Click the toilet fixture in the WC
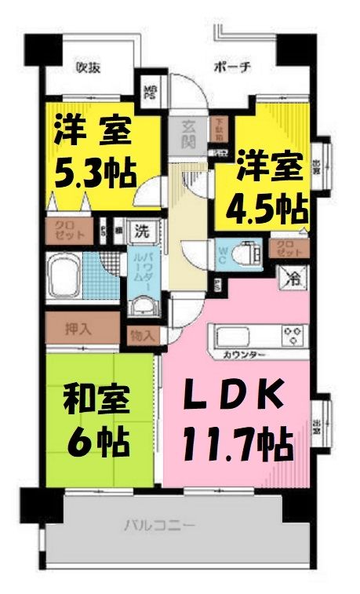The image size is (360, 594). click(248, 253)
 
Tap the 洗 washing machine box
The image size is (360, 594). click(142, 231)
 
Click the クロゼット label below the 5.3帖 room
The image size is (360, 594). click(64, 232)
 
